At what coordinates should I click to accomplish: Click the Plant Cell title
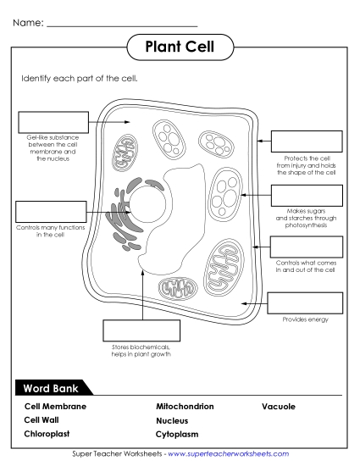pyautogui.click(x=180, y=46)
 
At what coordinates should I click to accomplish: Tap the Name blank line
pyautogui.click(x=123, y=25)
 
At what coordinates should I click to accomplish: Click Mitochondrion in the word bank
pyautogui.click(x=185, y=406)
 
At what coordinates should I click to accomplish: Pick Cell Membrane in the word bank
pyautogui.click(x=55, y=406)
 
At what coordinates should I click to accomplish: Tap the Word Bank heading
pyautogui.click(x=49, y=388)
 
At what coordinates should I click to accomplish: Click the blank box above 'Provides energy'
pyautogui.click(x=305, y=302)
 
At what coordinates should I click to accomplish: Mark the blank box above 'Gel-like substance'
pyautogui.click(x=52, y=122)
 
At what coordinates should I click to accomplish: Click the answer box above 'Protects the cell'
pyautogui.click(x=306, y=141)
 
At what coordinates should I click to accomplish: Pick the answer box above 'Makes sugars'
pyautogui.click(x=306, y=196)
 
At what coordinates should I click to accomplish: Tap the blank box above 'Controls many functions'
pyautogui.click(x=51, y=212)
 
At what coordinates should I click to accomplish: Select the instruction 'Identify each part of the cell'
pyautogui.click(x=79, y=78)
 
